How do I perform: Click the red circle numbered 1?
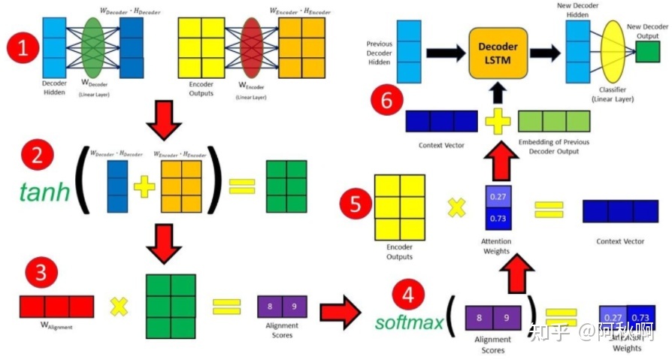[23, 50]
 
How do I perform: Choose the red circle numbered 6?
[387, 101]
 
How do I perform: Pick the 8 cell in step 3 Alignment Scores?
[270, 307]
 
